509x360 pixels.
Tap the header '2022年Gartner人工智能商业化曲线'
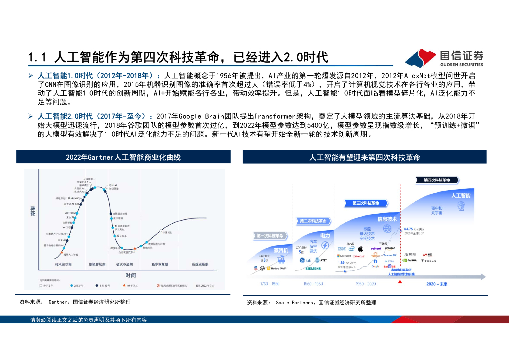(x=123, y=157)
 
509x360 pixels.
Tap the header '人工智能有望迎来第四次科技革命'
(x=364, y=157)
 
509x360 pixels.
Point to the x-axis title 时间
(x=131, y=275)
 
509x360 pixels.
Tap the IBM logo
(x=341, y=248)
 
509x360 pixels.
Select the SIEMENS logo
(x=313, y=268)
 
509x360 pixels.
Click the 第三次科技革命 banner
(x=365, y=203)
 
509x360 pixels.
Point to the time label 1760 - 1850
(x=269, y=284)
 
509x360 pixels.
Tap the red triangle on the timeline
(x=401, y=282)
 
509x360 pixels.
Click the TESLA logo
(x=428, y=260)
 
